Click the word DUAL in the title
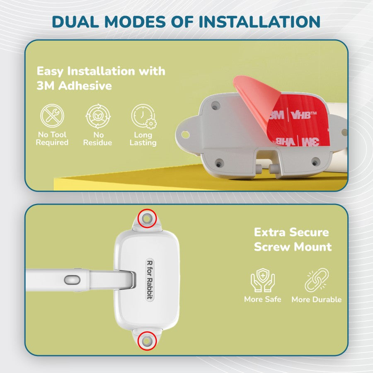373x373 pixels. [75, 22]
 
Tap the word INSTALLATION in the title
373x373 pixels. [259, 22]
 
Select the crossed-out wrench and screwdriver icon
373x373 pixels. [52, 116]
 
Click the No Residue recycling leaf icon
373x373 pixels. [98, 116]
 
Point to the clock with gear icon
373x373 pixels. [143, 116]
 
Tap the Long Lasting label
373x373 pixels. [143, 139]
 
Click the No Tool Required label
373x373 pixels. [52, 138]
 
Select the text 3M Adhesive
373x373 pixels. [74, 86]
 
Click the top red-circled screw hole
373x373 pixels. [147, 218]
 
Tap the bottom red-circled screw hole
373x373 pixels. [147, 341]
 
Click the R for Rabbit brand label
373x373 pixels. [150, 279]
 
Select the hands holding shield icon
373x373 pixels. [263, 280]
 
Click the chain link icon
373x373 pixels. [317, 280]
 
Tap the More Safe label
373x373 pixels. [263, 299]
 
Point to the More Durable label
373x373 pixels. [317, 299]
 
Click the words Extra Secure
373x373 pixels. [291, 232]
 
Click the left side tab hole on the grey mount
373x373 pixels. [185, 135]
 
